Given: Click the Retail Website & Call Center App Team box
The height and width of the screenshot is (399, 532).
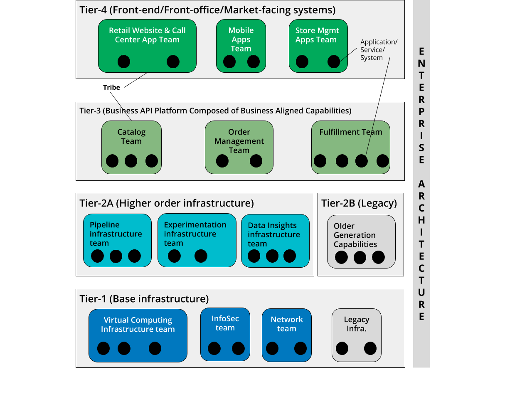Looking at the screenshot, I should click(147, 46).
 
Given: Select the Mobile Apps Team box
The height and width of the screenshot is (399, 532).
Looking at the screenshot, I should click(241, 46).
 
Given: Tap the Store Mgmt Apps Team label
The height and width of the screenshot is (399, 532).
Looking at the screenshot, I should click(317, 35).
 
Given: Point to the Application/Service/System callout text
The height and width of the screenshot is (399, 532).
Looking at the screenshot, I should click(378, 50).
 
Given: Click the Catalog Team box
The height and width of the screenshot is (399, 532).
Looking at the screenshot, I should click(131, 147).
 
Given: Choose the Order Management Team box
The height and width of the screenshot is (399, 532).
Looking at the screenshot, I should click(239, 147).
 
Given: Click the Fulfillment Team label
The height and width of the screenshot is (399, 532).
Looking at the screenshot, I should click(350, 132).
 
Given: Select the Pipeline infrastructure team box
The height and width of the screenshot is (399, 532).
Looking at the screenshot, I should click(117, 240).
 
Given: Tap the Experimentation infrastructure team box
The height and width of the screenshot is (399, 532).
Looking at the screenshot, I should click(197, 240).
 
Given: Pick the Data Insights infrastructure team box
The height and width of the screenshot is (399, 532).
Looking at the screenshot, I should click(275, 241).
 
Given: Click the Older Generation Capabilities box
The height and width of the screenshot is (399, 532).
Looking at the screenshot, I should click(361, 241).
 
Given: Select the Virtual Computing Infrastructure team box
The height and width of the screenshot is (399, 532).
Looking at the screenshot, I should click(138, 335).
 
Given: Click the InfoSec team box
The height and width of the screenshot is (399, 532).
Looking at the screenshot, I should click(225, 334).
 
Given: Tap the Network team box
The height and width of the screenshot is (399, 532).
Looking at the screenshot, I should click(286, 335).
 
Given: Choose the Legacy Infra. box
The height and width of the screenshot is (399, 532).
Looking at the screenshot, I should click(356, 335).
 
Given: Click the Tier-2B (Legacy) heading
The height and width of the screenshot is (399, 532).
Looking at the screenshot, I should click(359, 203).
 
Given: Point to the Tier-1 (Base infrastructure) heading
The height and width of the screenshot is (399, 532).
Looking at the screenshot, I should click(144, 299).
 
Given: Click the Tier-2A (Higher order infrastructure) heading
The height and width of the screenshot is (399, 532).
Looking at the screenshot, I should click(166, 203).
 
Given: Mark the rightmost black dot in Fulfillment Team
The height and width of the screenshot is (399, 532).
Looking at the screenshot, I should click(382, 161).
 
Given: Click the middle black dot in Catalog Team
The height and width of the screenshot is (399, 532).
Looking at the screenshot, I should click(131, 161).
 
